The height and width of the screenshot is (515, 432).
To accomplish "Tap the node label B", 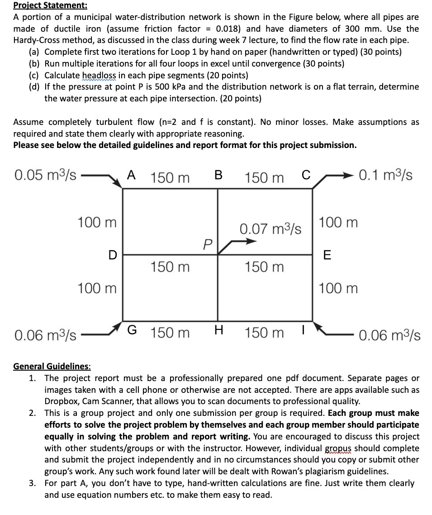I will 218,176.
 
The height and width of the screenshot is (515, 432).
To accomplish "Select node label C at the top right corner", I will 306,176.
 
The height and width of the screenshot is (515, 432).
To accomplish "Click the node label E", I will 328,255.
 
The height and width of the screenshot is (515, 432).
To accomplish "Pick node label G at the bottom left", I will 131,332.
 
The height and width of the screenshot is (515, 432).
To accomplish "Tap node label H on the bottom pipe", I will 218,332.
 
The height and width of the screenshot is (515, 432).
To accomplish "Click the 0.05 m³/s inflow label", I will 45,175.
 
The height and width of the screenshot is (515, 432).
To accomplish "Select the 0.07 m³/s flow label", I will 271,229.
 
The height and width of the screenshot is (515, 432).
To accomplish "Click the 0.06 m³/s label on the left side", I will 45,335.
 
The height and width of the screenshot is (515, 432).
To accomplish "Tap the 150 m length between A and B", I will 170,177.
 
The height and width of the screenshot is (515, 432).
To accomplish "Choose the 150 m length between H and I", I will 265,333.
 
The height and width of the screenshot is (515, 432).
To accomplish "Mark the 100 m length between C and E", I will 338,223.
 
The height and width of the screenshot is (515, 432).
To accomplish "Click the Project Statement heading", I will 44,5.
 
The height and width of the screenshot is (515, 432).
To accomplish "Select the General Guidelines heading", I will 52,366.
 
